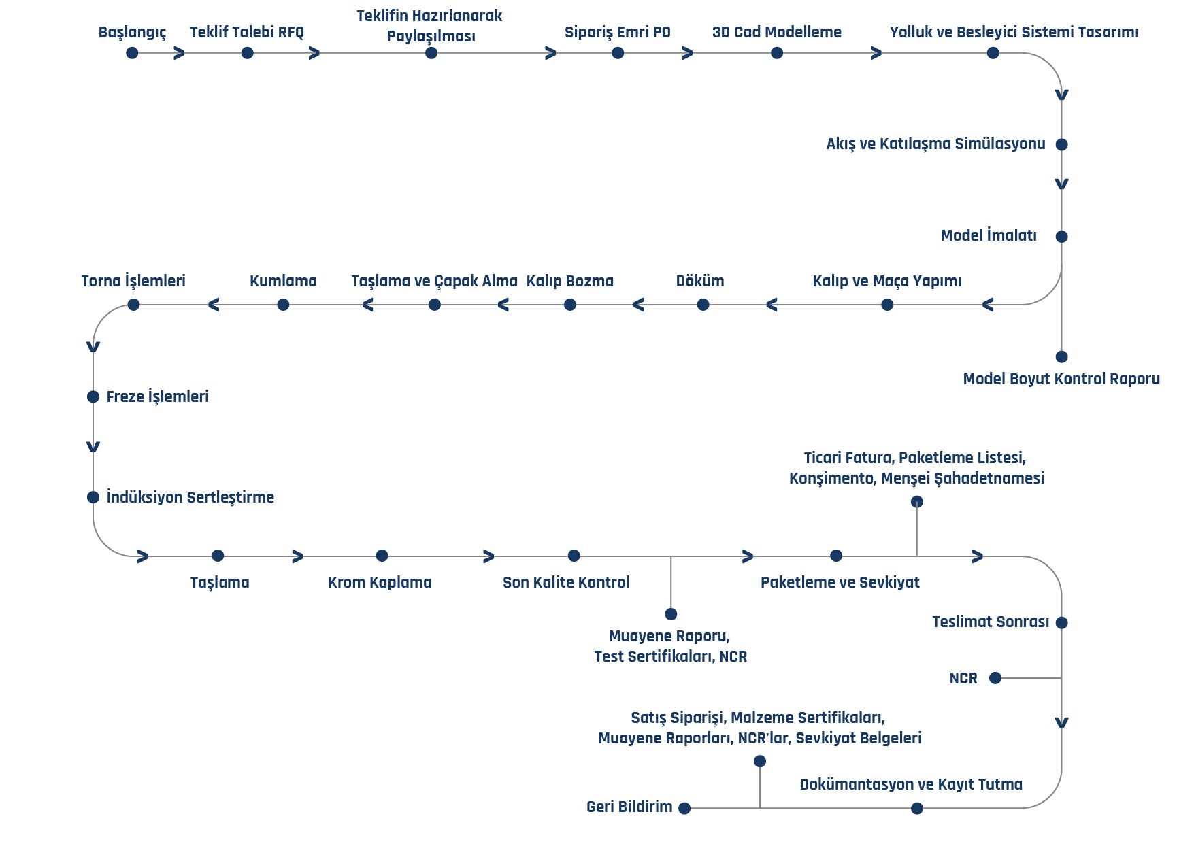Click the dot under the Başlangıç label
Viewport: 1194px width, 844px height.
[132, 53]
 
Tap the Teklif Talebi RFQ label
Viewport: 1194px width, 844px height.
[247, 32]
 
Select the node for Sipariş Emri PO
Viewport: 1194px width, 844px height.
[618, 53]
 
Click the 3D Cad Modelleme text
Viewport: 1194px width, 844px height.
[777, 32]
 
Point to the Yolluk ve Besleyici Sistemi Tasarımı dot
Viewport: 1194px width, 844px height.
[993, 53]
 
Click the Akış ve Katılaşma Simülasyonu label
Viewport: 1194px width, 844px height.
[935, 144]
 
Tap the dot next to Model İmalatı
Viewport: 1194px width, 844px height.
[1061, 237]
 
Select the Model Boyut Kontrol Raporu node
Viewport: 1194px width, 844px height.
[1061, 357]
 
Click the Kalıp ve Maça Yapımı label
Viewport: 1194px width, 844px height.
[887, 282]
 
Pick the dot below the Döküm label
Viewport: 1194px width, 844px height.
[703, 305]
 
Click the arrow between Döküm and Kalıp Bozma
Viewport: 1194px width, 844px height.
[638, 305]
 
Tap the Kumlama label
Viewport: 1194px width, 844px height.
[283, 281]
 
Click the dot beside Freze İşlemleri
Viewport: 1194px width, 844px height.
[93, 396]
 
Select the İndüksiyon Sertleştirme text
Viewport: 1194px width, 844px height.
[190, 497]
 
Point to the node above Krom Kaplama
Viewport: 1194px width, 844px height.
[382, 556]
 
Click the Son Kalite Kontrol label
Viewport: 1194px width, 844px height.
[566, 582]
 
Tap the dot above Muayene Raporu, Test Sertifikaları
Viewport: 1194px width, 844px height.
[671, 614]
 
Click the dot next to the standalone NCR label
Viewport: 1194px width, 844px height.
[995, 678]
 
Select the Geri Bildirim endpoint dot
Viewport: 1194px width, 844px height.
[684, 808]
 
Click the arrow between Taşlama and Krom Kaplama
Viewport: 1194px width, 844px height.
[297, 556]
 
